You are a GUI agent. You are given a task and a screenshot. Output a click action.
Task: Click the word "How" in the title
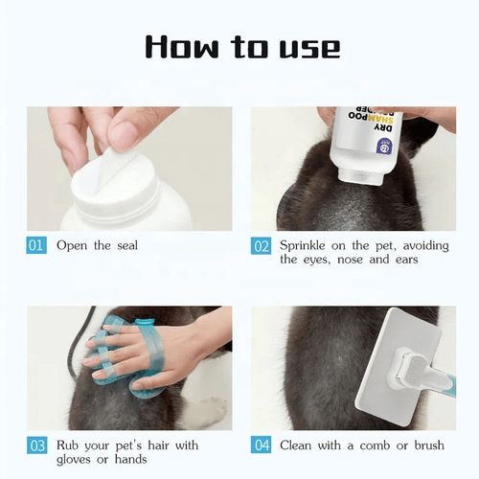(x=181, y=47)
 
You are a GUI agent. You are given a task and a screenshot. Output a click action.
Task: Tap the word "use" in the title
(x=309, y=49)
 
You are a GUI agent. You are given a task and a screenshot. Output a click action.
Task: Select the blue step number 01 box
(x=36, y=245)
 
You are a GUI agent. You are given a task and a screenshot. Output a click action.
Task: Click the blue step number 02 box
(x=261, y=245)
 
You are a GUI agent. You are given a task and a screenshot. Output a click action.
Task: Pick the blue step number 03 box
(x=36, y=445)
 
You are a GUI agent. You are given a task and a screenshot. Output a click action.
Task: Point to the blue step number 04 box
(x=262, y=445)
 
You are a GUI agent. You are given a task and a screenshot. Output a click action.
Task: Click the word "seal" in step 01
(x=127, y=245)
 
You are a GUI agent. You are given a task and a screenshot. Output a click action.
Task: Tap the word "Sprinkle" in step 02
(x=303, y=246)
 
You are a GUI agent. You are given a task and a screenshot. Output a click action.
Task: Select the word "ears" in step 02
(x=406, y=260)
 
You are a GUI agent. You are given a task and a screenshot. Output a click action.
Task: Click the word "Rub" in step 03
(x=67, y=445)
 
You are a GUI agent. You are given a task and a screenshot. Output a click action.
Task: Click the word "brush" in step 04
(x=429, y=445)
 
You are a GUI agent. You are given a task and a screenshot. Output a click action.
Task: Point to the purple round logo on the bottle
(x=382, y=145)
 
